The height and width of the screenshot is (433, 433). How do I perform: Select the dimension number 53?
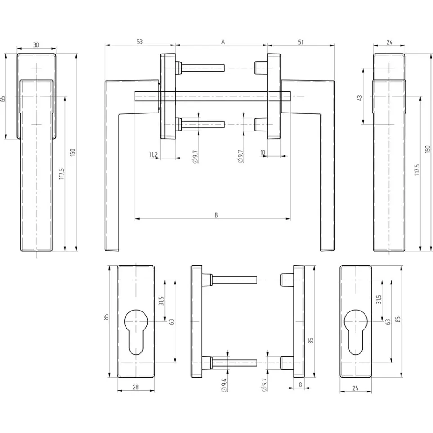[140, 41]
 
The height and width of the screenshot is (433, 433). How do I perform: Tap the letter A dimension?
[222, 41]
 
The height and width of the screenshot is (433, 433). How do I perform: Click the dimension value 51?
[301, 41]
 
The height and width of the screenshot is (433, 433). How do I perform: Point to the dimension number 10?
[263, 153]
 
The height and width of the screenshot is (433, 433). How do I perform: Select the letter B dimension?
[216, 215]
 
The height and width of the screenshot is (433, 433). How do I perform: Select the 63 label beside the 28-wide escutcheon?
[171, 321]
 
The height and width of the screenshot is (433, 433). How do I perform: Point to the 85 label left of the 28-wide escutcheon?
[106, 316]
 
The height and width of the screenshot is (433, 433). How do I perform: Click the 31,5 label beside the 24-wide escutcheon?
[379, 299]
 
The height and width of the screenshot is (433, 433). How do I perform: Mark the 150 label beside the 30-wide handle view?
[73, 152]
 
